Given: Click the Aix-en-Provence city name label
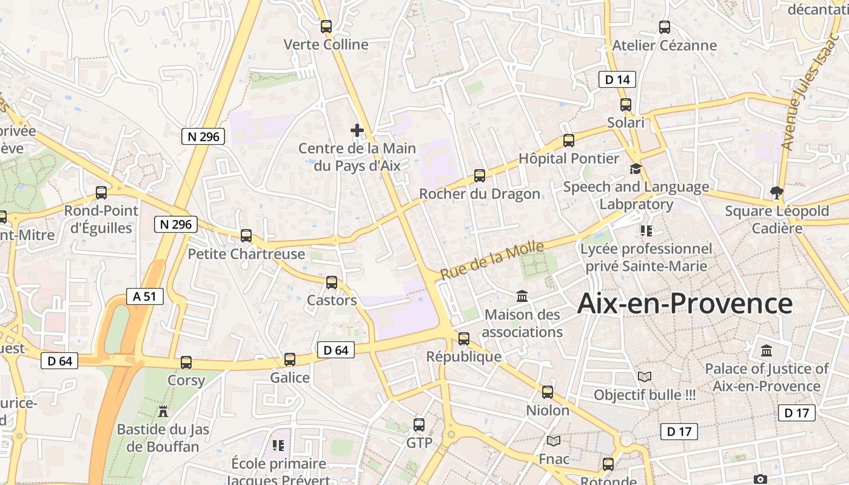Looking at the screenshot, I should [x=685, y=303].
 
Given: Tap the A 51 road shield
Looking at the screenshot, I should [x=145, y=296].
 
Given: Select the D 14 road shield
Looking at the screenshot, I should [x=617, y=79].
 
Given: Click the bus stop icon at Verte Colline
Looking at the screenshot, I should [x=326, y=27].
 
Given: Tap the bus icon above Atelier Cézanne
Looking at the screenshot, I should [x=665, y=27].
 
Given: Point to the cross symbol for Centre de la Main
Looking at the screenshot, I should [x=357, y=130].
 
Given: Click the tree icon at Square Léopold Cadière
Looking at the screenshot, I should [x=776, y=193].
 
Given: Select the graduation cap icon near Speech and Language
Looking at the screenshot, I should [x=636, y=169].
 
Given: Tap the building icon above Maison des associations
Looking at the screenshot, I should [x=522, y=296].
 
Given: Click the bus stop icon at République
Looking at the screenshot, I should [x=464, y=338].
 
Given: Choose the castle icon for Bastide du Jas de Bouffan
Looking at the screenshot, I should [x=163, y=412].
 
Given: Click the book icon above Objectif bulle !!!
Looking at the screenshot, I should [x=645, y=377].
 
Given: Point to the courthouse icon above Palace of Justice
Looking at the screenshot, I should [x=767, y=351].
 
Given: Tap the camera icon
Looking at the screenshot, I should [x=760, y=479].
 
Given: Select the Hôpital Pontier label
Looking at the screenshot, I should [x=569, y=159].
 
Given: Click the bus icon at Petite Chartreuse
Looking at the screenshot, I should [x=246, y=236].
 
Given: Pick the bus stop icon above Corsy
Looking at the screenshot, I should [x=186, y=363].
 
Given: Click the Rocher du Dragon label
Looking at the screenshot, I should [x=480, y=194].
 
